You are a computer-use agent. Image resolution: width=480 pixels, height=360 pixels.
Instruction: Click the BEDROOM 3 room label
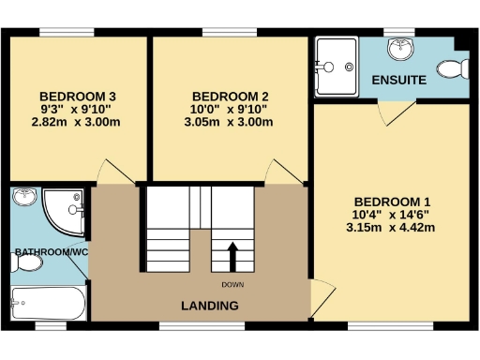point(78,96)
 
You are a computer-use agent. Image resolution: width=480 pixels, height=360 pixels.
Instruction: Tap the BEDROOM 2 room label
point(231,96)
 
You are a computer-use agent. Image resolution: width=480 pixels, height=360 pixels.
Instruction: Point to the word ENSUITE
point(398,81)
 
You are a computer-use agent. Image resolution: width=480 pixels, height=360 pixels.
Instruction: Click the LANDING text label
point(209,307)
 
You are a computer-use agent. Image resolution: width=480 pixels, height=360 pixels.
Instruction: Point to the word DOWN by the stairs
point(233,284)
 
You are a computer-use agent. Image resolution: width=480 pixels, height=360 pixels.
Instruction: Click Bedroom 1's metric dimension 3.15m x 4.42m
point(392,227)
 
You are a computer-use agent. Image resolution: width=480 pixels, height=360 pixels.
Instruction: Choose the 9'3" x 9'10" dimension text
point(78,109)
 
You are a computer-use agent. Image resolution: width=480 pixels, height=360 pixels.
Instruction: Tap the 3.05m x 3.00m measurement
point(231,122)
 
